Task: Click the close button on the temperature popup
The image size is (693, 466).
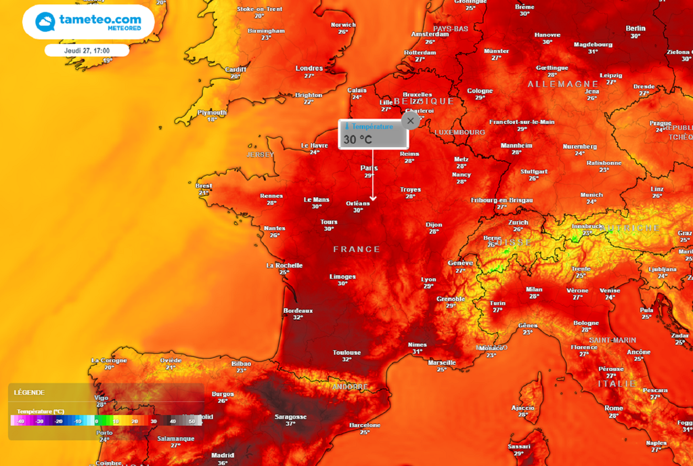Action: click(410, 121)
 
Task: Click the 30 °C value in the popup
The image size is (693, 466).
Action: click(358, 140)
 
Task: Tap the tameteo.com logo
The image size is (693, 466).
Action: click(89, 22)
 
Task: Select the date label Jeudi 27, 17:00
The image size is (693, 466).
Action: click(87, 50)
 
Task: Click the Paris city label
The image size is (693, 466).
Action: click(369, 168)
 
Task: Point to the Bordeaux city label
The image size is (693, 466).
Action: click(298, 310)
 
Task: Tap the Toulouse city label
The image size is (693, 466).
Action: click(346, 352)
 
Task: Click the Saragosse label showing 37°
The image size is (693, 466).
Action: click(290, 417)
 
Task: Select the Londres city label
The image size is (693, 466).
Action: click(309, 68)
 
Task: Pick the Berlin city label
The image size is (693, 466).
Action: click(635, 28)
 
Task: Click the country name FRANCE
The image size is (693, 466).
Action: click(357, 249)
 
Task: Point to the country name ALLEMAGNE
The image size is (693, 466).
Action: click(563, 84)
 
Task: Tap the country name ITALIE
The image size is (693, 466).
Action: click(617, 383)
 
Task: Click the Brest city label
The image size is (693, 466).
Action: click(204, 186)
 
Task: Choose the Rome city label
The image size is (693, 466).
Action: click(613, 408)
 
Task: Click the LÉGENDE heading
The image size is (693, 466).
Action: click(28, 392)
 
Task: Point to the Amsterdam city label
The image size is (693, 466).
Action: click(430, 34)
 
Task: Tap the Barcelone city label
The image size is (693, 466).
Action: click(365, 425)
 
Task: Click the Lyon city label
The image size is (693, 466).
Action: click(428, 279)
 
